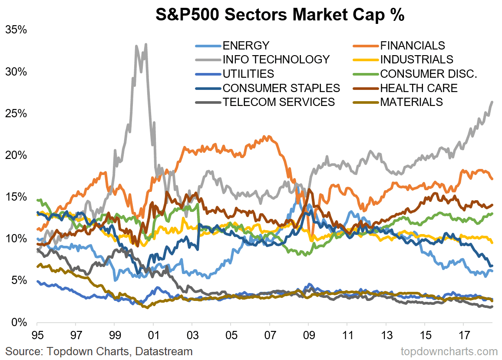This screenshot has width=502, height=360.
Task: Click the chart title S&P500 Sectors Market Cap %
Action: coord(280,15)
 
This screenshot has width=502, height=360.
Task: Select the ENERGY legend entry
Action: coord(246,46)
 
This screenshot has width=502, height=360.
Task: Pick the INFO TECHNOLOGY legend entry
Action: coord(276,59)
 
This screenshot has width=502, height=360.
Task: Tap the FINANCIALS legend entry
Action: coord(413,46)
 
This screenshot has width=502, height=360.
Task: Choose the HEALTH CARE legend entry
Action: coord(419,88)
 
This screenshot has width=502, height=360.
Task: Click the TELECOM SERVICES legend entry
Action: coord(278,102)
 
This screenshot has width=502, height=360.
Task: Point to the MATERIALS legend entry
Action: coord(411,102)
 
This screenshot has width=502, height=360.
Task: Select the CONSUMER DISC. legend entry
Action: coord(429,74)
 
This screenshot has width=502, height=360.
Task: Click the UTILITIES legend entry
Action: coord(248,74)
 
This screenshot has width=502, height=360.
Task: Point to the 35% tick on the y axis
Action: coord(17,30)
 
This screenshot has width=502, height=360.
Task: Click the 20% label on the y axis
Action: coord(17,155)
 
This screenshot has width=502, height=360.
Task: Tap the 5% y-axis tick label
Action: coord(20,281)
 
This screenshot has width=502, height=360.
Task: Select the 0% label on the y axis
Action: coord(20,322)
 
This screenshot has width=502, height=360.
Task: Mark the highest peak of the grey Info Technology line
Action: coord(145,44)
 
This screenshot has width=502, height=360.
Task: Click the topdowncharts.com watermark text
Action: coord(449,351)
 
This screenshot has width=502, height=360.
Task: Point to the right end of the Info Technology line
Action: coord(492,102)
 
